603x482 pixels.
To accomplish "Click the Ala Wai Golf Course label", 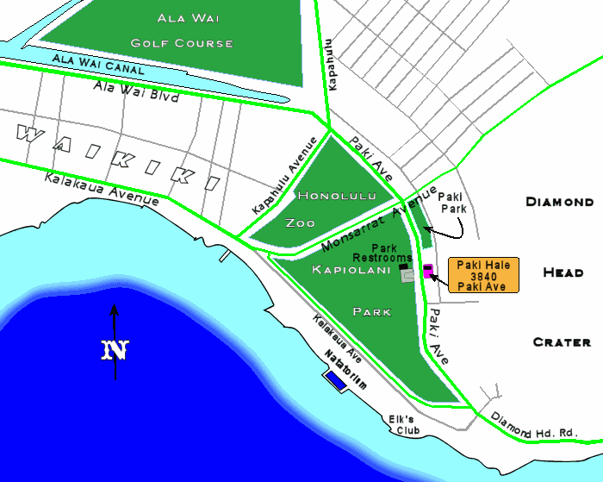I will point(182,30).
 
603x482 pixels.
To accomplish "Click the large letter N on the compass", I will point(115,350).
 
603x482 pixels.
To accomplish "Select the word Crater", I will point(562,342).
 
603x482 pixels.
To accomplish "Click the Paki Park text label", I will point(453,203).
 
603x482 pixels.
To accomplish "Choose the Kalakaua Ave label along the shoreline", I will point(337,338).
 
